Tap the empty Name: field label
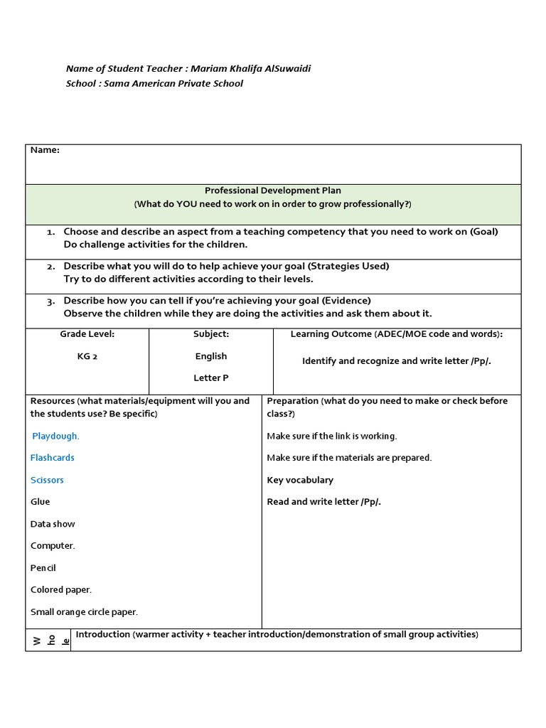click(44, 150)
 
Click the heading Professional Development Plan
click(273, 191)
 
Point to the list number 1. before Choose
click(51, 232)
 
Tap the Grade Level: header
click(87, 333)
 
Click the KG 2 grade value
click(87, 356)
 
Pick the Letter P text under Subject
click(211, 378)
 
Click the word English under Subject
click(211, 356)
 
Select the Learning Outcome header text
click(331, 333)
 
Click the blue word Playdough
click(55, 436)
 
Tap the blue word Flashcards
click(52, 458)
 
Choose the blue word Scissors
click(47, 480)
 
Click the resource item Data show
click(53, 524)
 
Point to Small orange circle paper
click(84, 611)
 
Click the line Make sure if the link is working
click(331, 436)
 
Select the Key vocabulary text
click(300, 480)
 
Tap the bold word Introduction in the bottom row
click(102, 634)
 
